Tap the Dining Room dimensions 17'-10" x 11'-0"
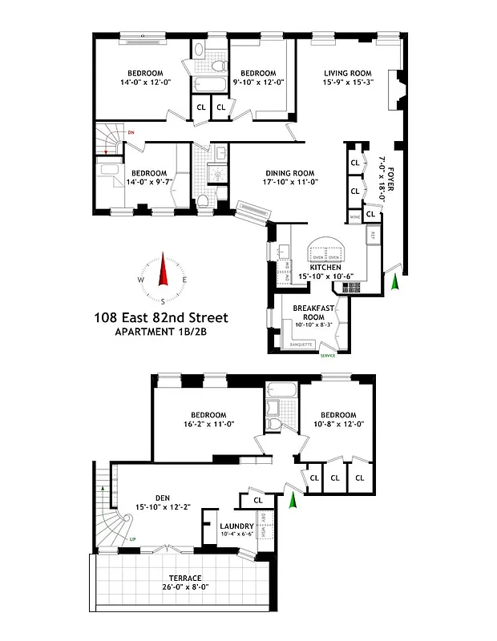pos(279,183)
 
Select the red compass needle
pos(163,271)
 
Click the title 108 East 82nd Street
pos(161,318)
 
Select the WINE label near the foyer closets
pos(354,217)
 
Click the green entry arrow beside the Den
pos(293,501)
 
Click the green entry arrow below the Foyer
pos(394,282)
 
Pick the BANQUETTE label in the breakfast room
pos(302,345)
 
